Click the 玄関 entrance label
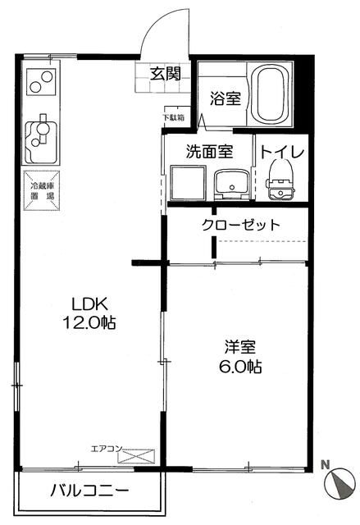click(165, 73)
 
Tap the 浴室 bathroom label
click(226, 98)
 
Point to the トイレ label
click(282, 153)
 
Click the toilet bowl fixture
click(280, 180)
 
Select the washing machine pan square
click(187, 181)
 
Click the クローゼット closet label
click(241, 225)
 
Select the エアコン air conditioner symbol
click(135, 454)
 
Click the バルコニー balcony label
click(89, 492)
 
